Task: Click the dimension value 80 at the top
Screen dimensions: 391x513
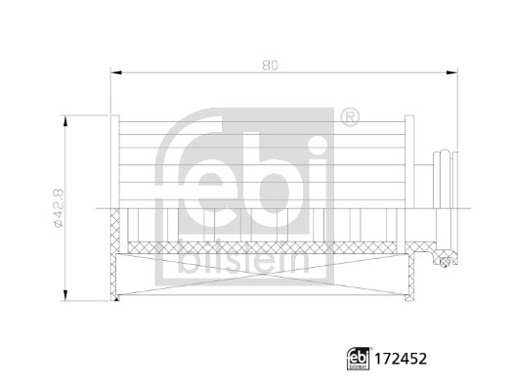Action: [x=271, y=65]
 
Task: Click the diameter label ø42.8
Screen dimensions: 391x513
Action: [x=58, y=208]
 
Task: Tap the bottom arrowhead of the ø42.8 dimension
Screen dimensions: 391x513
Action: [x=65, y=296]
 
